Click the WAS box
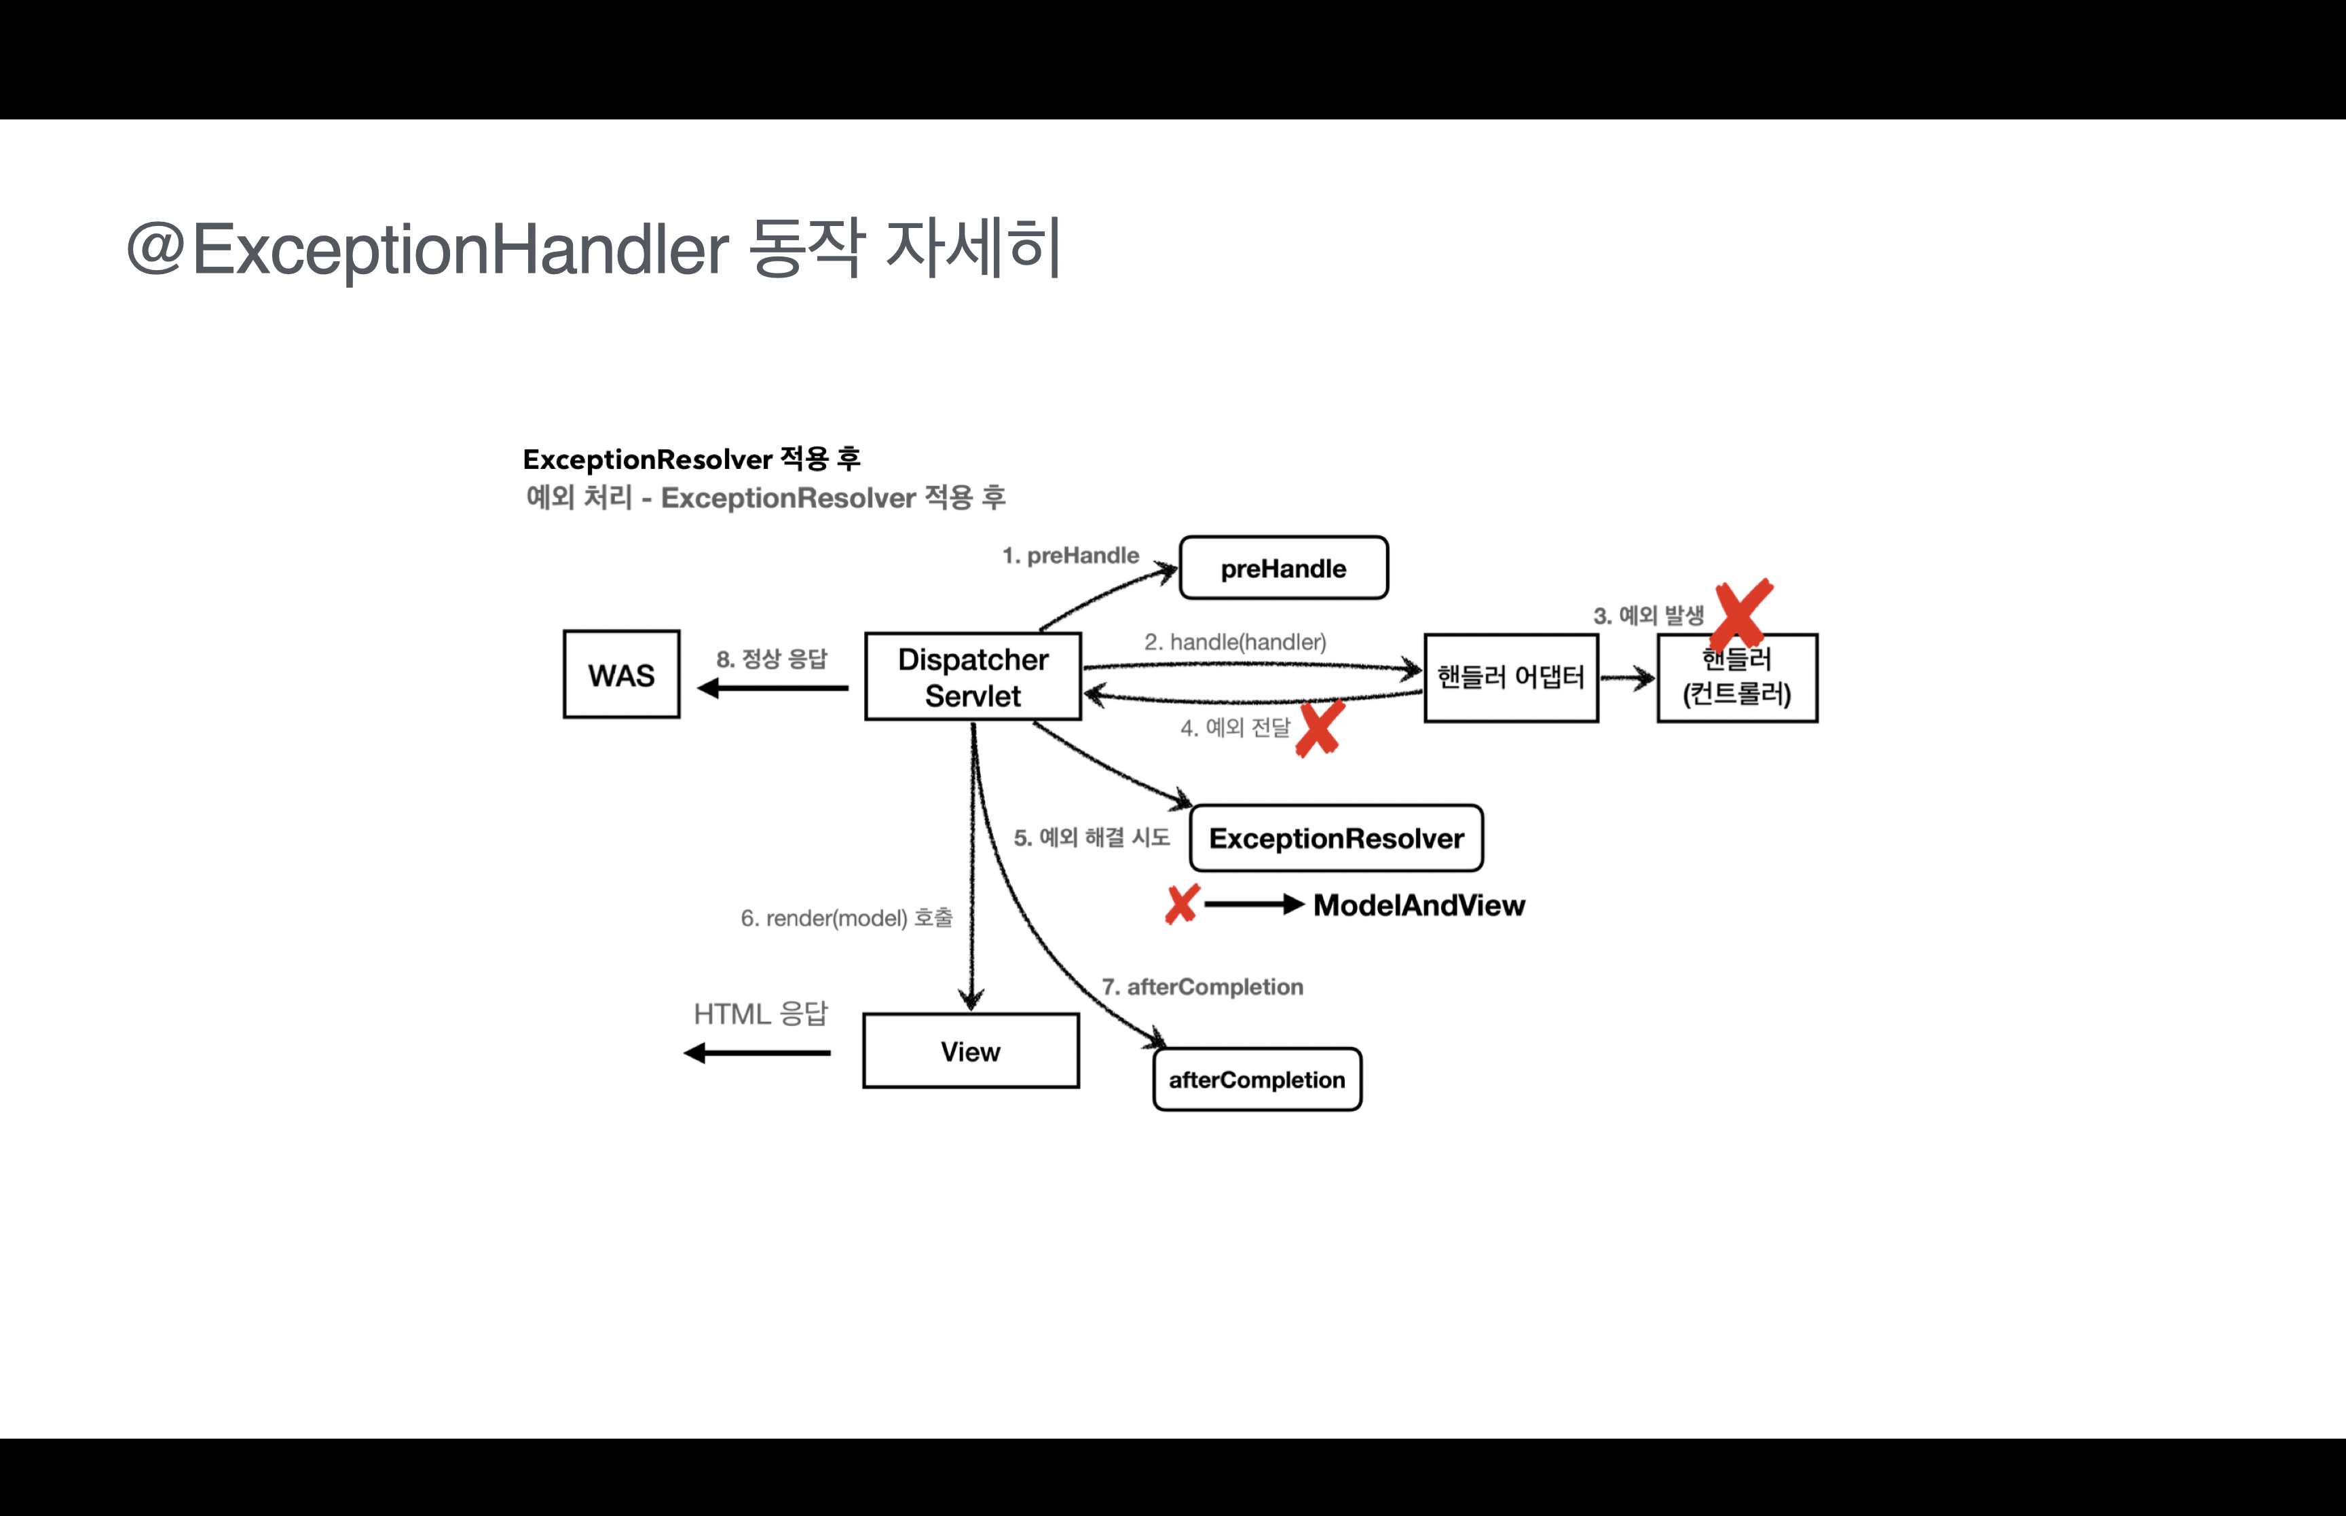point(621,675)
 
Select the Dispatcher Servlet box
point(973,677)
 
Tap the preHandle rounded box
point(1284,568)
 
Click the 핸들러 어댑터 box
point(1510,677)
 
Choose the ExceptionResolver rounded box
point(1336,839)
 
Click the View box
point(971,1051)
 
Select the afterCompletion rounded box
point(1257,1080)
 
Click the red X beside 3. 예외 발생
point(1743,611)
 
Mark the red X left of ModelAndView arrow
point(1181,904)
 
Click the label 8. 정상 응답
point(772,658)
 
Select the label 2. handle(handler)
point(1235,642)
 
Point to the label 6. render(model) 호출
point(846,918)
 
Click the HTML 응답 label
point(761,1014)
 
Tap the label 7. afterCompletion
point(1202,987)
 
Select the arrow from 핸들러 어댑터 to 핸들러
point(1627,677)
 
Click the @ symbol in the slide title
point(155,248)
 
